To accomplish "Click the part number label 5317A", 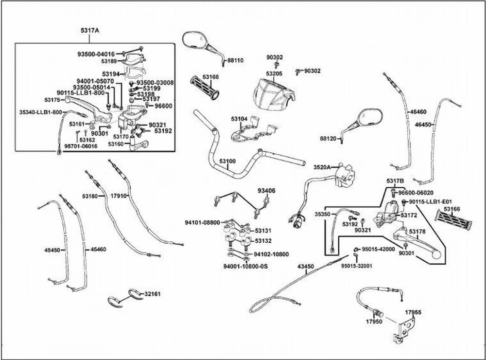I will point(90,31).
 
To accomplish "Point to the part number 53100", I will point(227,161).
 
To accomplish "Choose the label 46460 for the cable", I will point(418,112).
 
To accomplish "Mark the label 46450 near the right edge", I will point(423,125).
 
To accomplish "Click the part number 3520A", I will point(322,167).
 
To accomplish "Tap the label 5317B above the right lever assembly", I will point(395,181).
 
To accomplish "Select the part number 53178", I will point(417,232).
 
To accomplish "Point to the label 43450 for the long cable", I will point(306,267).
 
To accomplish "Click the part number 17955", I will point(413,313).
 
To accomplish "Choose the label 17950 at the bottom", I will point(373,322).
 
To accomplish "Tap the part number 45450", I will point(52,250).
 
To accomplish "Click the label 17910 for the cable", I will point(119,196).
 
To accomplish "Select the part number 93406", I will point(266,191).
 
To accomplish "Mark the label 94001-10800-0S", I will point(246,267).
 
